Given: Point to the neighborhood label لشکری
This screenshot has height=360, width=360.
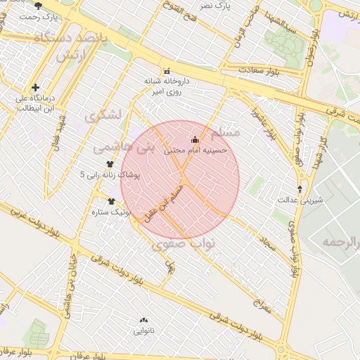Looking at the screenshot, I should (103, 114).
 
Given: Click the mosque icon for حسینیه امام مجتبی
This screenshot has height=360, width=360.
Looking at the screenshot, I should (195, 139).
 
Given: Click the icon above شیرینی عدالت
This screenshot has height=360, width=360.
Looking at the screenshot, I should (301, 189).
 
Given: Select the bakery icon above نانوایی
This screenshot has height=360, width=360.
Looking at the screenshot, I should (144, 319).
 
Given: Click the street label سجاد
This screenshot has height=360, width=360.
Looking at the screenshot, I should (266, 243).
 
